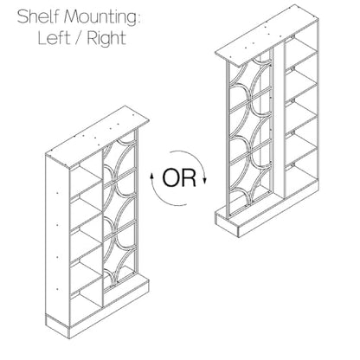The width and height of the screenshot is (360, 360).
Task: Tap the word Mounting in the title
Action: point(100,18)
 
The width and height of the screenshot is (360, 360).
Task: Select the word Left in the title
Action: point(54,37)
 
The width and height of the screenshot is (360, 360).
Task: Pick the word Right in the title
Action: point(106,39)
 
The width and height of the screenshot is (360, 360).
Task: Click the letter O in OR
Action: point(171,177)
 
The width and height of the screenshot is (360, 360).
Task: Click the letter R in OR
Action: point(189,177)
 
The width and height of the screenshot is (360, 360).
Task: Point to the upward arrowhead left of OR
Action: point(152,177)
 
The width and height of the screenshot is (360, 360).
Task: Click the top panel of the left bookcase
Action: point(98,136)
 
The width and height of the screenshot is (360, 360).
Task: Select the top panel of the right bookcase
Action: point(267,35)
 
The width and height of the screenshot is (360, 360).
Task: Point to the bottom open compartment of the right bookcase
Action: point(300,179)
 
